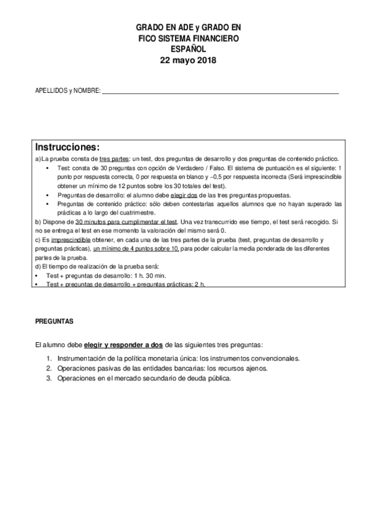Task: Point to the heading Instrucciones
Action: pyautogui.click(x=67, y=147)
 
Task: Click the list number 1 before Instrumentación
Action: pyautogui.click(x=49, y=358)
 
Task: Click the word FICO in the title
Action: pyautogui.click(x=149, y=38)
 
